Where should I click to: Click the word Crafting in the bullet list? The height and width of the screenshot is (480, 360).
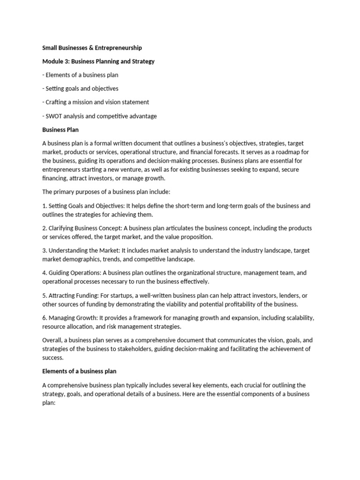(x=57, y=102)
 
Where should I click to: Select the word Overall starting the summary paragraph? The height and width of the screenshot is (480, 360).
(x=53, y=340)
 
